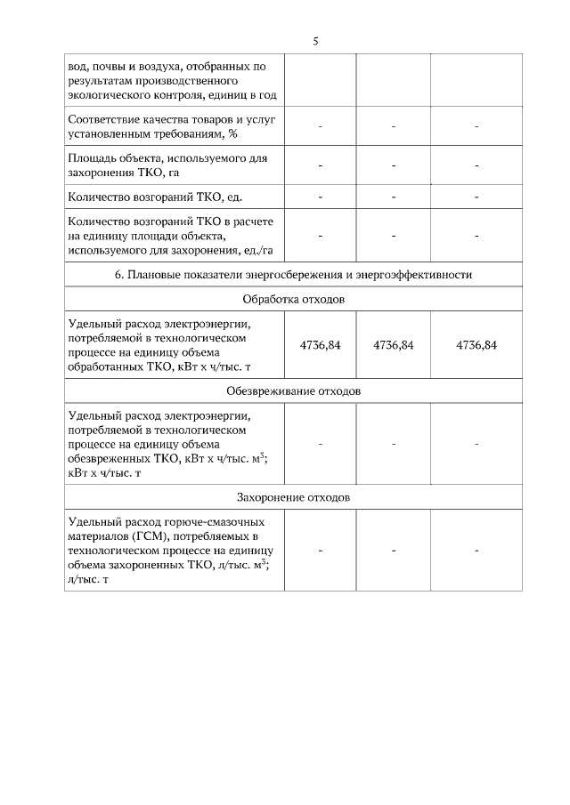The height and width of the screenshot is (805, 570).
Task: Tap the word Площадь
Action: coord(92,158)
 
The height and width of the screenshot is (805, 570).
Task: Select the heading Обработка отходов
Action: coord(293,299)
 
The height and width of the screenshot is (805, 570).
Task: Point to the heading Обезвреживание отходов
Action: coord(293,391)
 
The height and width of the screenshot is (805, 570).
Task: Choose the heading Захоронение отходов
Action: coord(293,495)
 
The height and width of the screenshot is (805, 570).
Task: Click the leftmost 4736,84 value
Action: coord(320,345)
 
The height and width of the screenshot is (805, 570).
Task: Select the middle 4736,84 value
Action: coord(393,345)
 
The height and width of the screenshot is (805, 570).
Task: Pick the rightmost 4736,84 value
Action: coord(476,345)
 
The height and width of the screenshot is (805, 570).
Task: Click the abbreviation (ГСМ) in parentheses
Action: coord(152,536)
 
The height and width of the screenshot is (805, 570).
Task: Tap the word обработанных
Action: coord(103,366)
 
